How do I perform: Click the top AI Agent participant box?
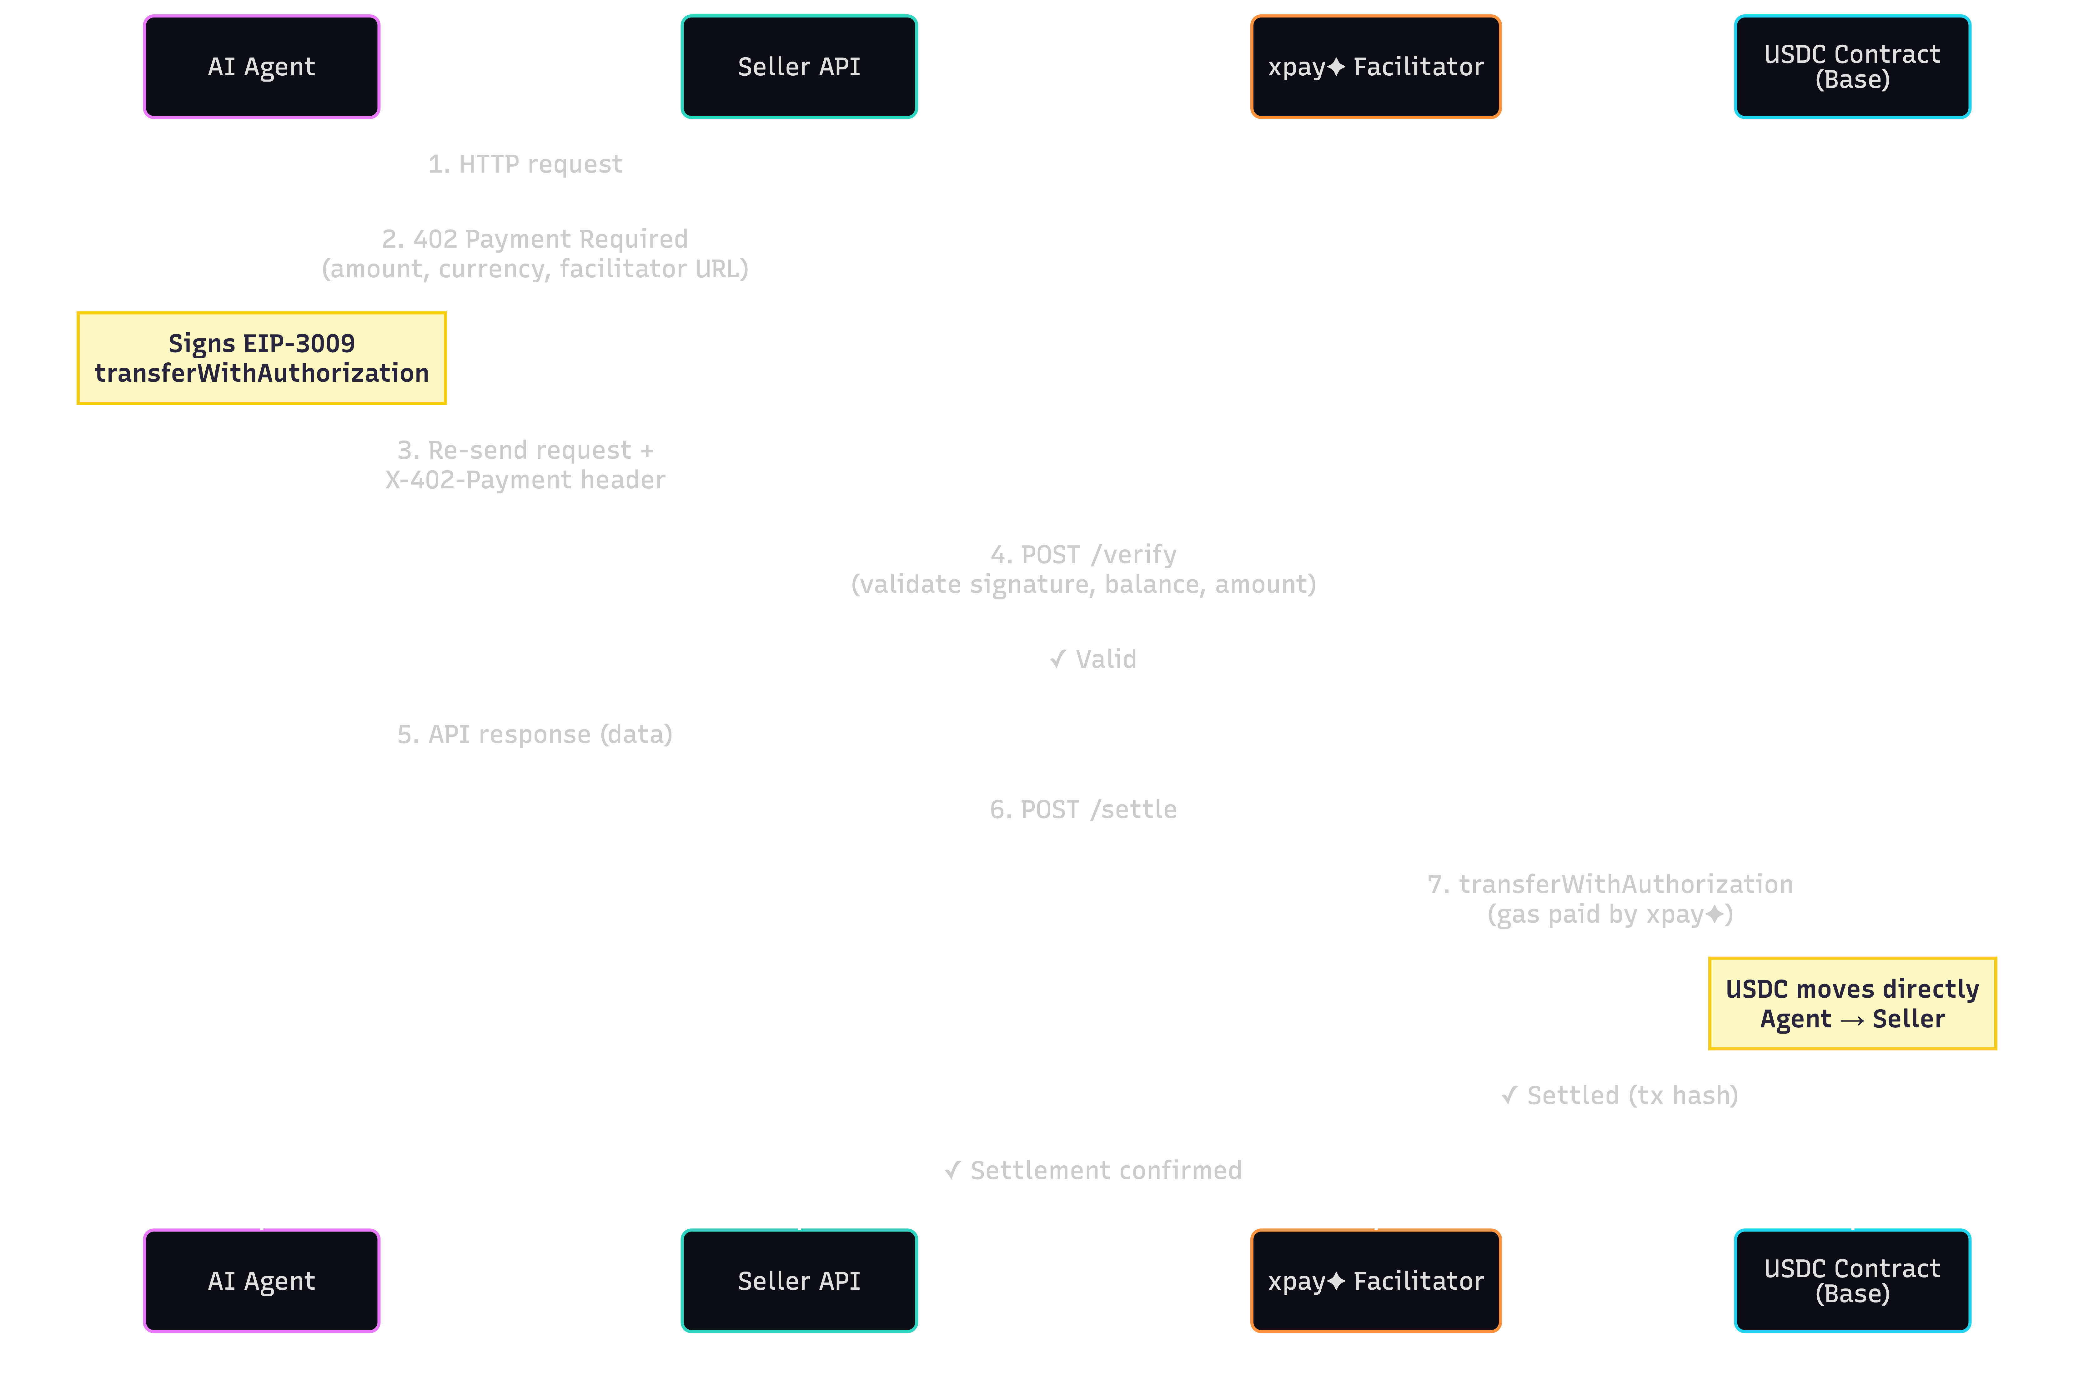click(262, 67)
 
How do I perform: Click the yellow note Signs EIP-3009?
click(262, 358)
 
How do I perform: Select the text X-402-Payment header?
click(525, 480)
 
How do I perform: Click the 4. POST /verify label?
click(1083, 555)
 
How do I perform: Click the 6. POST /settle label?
click(1083, 809)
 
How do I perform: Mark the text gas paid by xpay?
click(1609, 914)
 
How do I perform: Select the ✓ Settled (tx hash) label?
click(1619, 1095)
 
